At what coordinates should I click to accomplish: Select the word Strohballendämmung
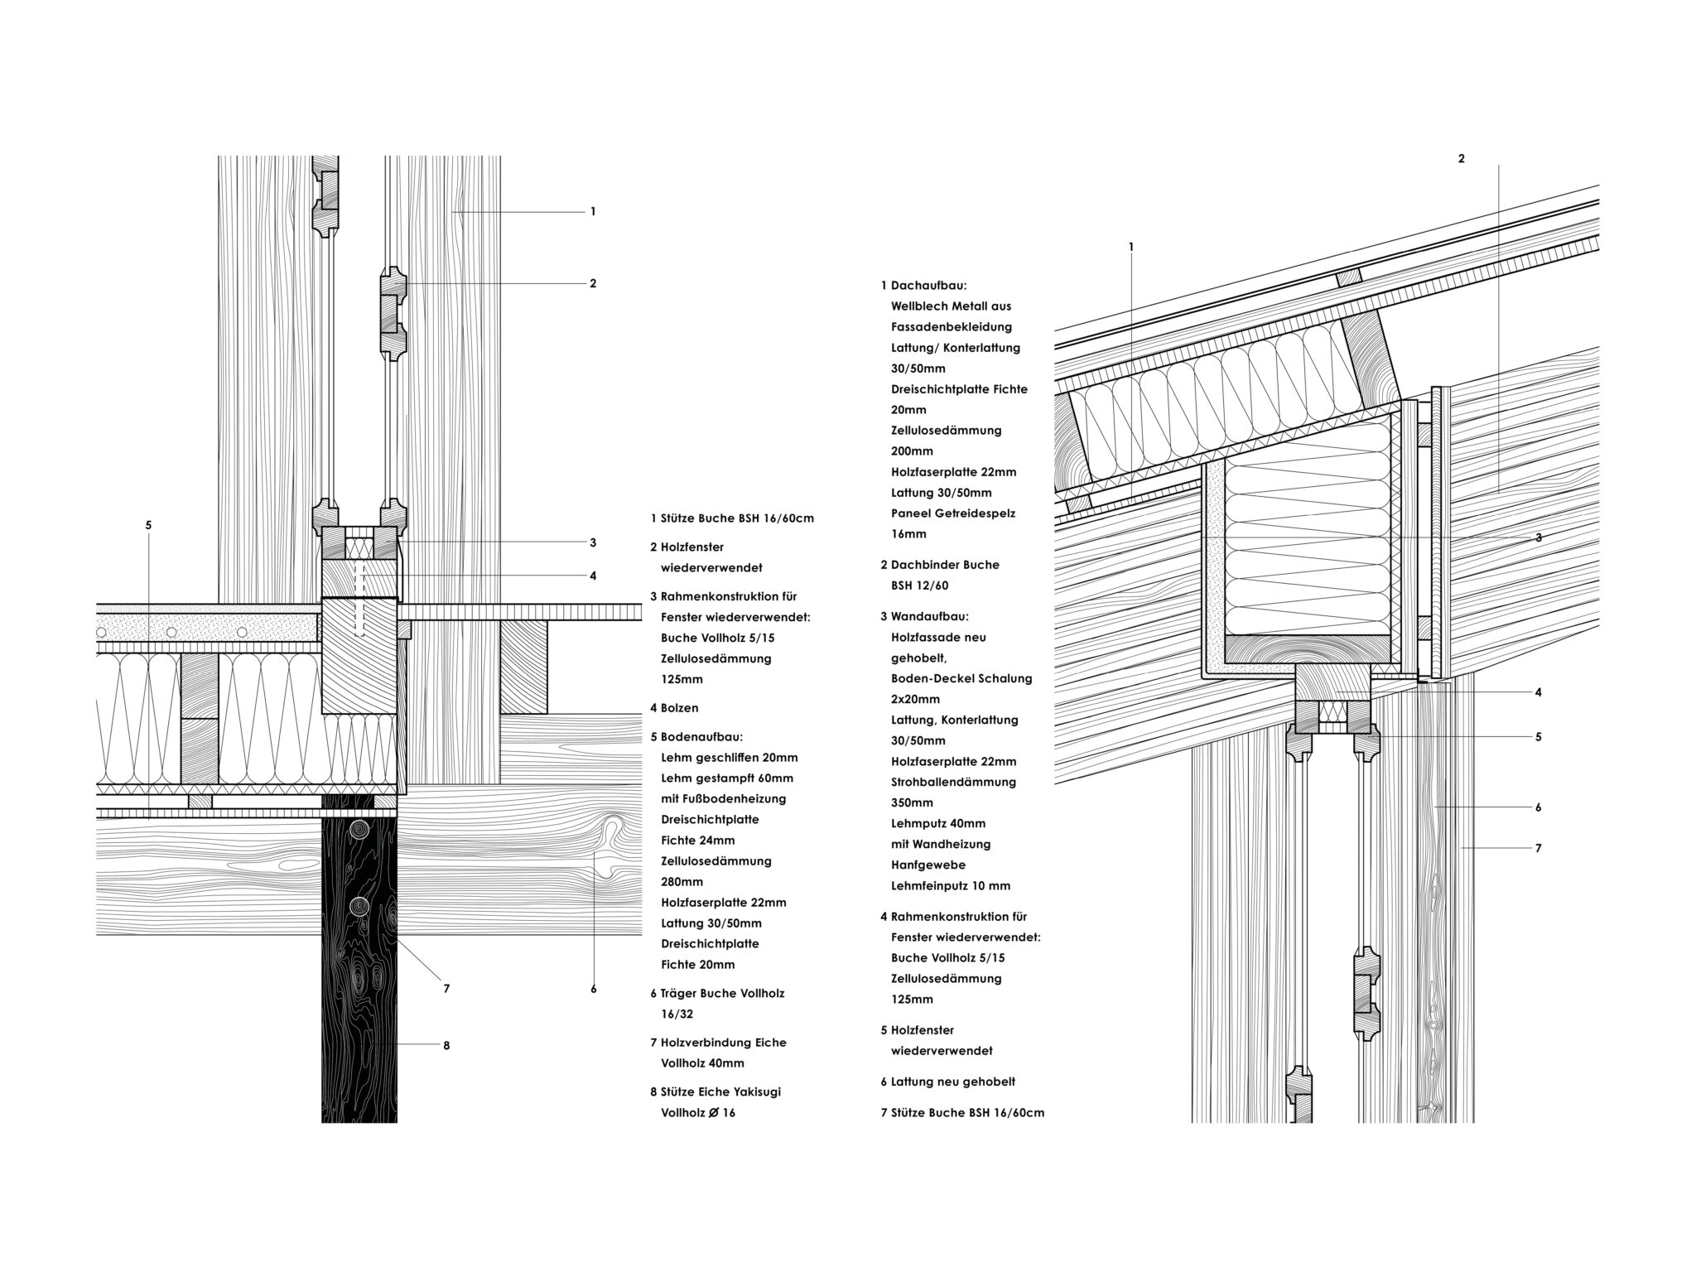pyautogui.click(x=953, y=782)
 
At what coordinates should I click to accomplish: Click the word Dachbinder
pyautogui.click(x=924, y=565)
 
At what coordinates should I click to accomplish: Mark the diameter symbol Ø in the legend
pyautogui.click(x=715, y=1113)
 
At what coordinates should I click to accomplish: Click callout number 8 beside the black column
pyautogui.click(x=446, y=1045)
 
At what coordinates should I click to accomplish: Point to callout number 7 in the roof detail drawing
pyautogui.click(x=1538, y=848)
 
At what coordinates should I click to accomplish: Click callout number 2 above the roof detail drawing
pyautogui.click(x=1461, y=158)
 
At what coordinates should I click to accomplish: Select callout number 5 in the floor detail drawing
pyautogui.click(x=148, y=525)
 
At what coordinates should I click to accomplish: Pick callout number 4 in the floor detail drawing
pyautogui.click(x=593, y=576)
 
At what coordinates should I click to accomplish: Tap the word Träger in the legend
pyautogui.click(x=679, y=993)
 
